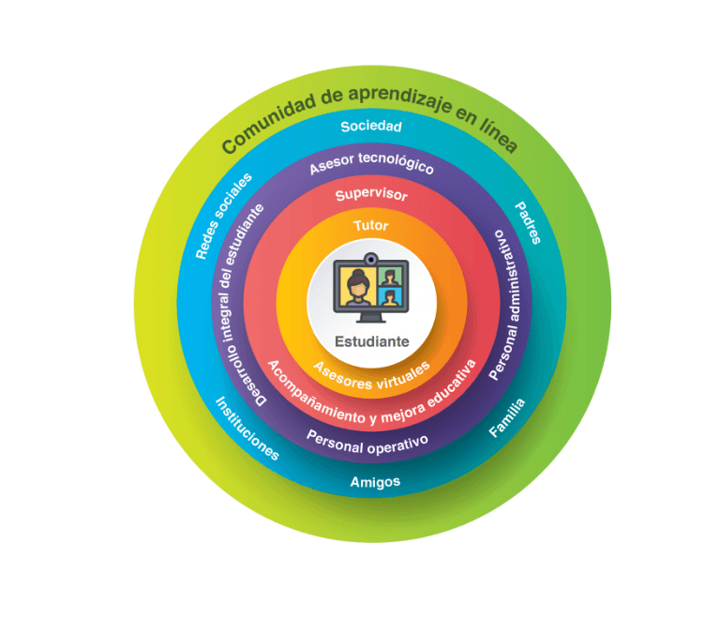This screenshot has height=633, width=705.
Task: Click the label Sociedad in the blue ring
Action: (x=371, y=127)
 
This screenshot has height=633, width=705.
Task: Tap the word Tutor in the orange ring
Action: (x=371, y=225)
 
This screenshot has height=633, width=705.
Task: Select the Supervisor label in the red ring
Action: (x=371, y=195)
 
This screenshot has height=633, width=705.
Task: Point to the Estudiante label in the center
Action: (x=372, y=341)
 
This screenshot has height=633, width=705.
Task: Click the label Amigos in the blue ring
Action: (x=375, y=482)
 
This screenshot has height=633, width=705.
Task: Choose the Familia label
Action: (x=507, y=417)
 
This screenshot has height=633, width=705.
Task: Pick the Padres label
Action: (x=528, y=222)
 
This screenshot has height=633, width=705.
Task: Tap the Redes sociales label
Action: (x=223, y=216)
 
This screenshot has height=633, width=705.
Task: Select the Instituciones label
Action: (x=247, y=429)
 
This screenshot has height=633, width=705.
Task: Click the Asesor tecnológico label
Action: (x=371, y=164)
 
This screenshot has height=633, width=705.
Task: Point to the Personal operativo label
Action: (x=367, y=443)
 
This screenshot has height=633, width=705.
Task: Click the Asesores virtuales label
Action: (x=372, y=376)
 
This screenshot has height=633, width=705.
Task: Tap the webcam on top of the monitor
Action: (x=371, y=260)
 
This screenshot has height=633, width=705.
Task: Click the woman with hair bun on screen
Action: (x=358, y=287)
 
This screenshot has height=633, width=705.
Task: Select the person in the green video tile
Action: (x=390, y=278)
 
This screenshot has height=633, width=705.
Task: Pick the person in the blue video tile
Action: (x=390, y=297)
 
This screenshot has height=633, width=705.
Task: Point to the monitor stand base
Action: (x=371, y=319)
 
